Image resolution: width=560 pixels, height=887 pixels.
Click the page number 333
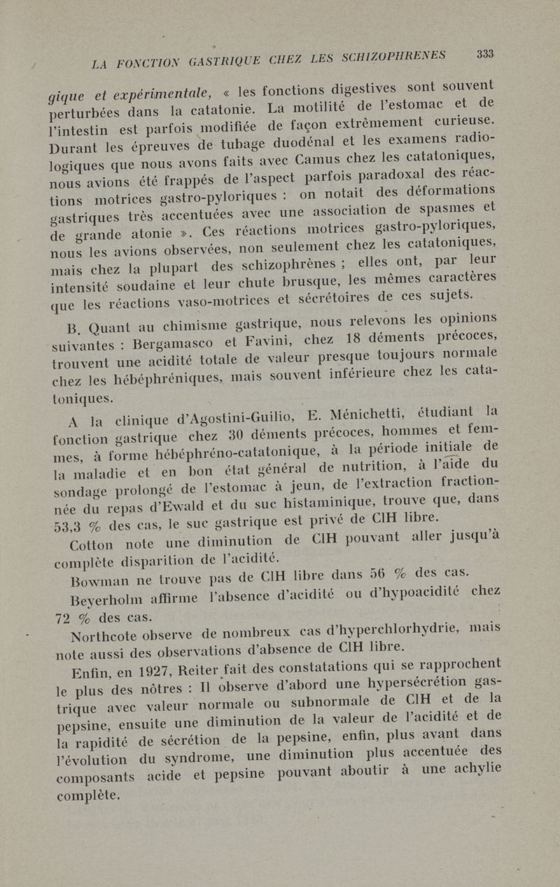click(484, 54)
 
